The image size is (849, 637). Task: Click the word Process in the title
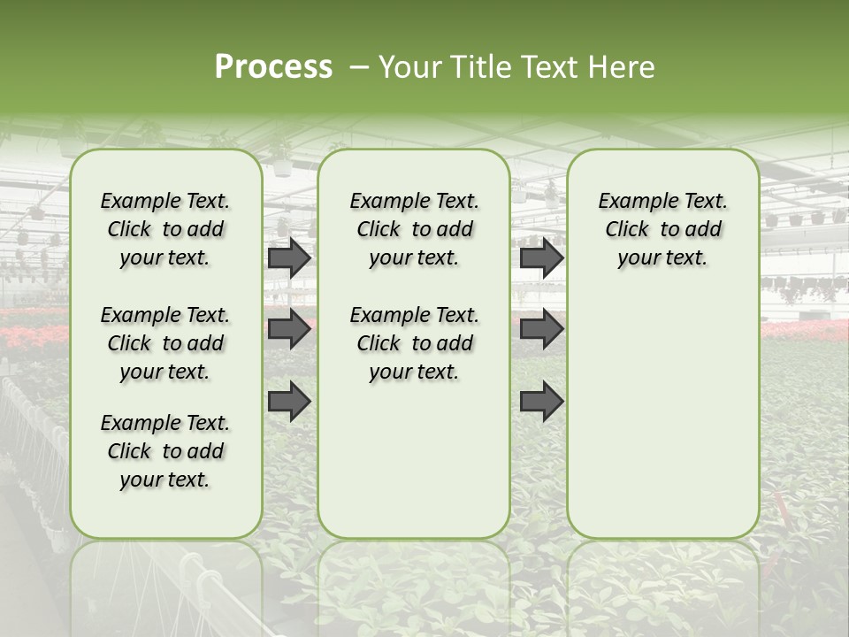click(x=273, y=67)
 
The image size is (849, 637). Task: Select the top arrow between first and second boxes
click(x=289, y=257)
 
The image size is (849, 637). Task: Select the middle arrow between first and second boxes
click(x=289, y=329)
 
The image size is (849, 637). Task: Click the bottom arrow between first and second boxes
click(x=289, y=402)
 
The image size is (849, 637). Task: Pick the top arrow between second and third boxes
click(x=541, y=257)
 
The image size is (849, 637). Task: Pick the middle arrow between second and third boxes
click(x=541, y=329)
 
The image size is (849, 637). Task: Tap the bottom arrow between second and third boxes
click(x=541, y=402)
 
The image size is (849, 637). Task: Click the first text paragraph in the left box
click(x=165, y=229)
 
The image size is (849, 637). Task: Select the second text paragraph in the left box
click(x=165, y=343)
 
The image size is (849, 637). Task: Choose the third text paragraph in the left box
click(x=165, y=451)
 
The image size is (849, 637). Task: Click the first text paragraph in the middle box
click(x=414, y=229)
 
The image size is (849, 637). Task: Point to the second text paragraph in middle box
click(x=414, y=343)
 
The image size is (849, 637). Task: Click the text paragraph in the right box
click(x=662, y=229)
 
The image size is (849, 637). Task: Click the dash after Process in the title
click(x=358, y=67)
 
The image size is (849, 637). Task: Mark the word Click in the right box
click(x=627, y=230)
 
